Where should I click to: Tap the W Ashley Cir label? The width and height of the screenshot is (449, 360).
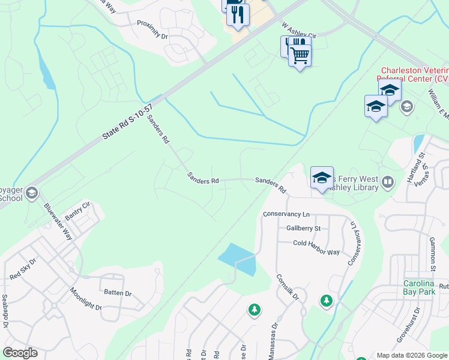click(x=298, y=31)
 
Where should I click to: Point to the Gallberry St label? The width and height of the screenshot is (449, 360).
click(x=304, y=228)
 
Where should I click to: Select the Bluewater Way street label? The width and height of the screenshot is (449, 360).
click(x=58, y=221)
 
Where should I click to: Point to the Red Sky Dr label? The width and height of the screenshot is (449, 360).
click(x=23, y=269)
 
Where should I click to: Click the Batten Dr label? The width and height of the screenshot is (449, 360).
click(x=118, y=293)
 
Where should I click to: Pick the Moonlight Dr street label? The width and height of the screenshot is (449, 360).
click(x=86, y=298)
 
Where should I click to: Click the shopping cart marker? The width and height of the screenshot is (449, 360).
click(x=300, y=55)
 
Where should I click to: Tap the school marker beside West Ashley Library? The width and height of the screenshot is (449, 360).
click(x=322, y=177)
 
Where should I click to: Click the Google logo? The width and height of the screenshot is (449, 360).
click(x=20, y=353)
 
